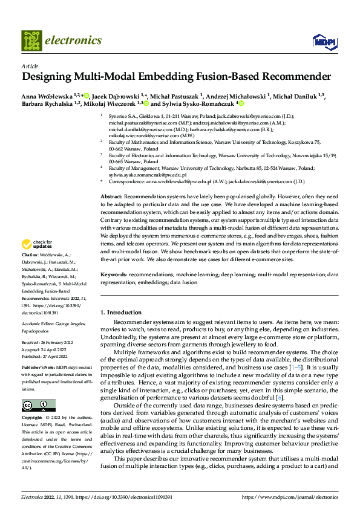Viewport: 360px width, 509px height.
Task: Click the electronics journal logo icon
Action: (x=32, y=41)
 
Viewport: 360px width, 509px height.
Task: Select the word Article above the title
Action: (x=30, y=66)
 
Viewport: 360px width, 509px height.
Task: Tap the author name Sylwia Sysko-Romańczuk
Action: (x=197, y=103)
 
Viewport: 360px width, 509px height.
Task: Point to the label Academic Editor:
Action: (x=40, y=323)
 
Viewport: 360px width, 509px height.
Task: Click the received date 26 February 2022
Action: (x=61, y=343)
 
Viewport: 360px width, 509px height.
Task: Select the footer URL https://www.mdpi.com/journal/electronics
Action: (x=289, y=497)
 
